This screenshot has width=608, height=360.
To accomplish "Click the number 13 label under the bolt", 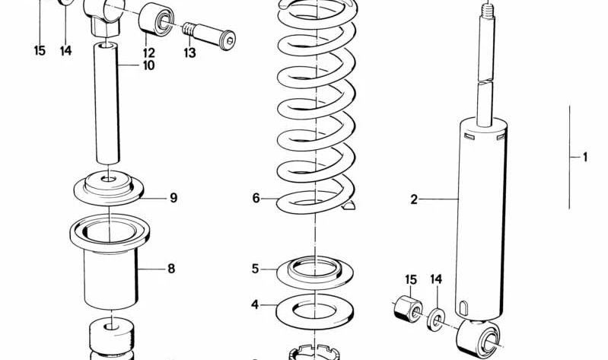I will coord(189,53).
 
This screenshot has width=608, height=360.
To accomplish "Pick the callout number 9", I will coord(173,198).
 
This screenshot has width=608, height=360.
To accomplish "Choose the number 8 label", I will coord(171,268).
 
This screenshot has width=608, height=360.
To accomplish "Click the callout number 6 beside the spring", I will coord(256,198).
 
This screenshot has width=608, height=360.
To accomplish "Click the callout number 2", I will coord(414,199).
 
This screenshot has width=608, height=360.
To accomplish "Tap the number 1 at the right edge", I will coord(584,158).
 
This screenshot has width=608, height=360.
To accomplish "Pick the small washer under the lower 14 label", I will coord(437,316).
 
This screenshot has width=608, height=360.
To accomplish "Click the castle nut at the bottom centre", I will coord(313,353).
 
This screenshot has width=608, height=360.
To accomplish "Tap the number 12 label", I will coord(148,53).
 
